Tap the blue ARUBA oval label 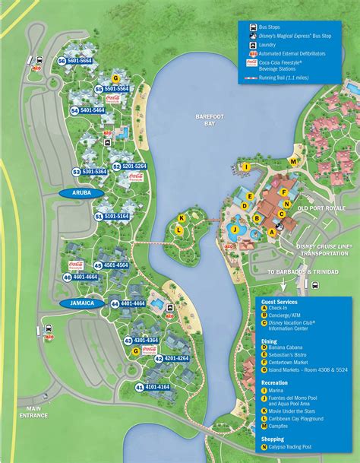(x=82, y=194)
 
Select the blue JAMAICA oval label (x=83, y=303)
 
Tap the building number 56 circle (x=62, y=61)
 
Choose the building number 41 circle (x=140, y=388)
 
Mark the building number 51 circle (x=98, y=217)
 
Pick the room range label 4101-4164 (x=156, y=388)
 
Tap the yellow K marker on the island (x=181, y=217)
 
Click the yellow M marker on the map (x=293, y=161)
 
